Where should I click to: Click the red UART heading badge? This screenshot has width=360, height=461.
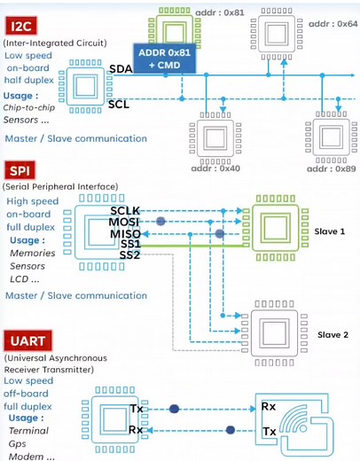click(x=29, y=340)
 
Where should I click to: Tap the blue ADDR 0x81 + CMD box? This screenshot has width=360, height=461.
click(x=162, y=59)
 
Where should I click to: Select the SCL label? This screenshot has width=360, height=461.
click(x=119, y=104)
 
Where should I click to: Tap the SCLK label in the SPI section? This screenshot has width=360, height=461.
click(x=126, y=210)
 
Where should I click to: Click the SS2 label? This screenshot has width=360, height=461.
click(x=131, y=255)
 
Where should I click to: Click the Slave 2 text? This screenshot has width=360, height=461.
click(x=332, y=335)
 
